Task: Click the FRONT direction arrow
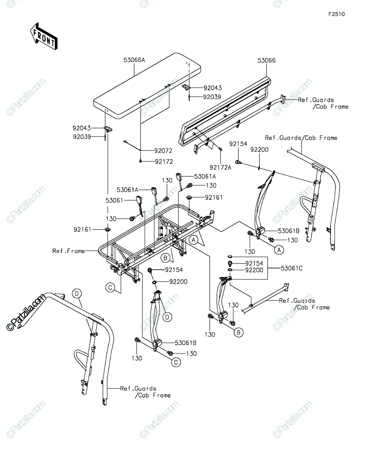pyautogui.click(x=44, y=36)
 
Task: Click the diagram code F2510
pyautogui.click(x=337, y=14)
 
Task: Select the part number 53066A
pyautogui.click(x=134, y=60)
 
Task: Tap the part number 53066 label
pyautogui.click(x=266, y=61)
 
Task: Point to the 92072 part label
pyautogui.click(x=163, y=151)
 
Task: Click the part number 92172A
pyautogui.click(x=220, y=167)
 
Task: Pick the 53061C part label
pyautogui.click(x=292, y=268)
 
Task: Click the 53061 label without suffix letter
pyautogui.click(x=114, y=200)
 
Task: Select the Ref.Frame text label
pyautogui.click(x=69, y=251)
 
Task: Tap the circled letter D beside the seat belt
pyautogui.click(x=167, y=317)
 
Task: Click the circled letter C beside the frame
pyautogui.click(x=110, y=288)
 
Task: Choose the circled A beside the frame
pyautogui.click(x=193, y=240)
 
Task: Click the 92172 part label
pyautogui.click(x=164, y=162)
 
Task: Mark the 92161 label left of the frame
pyautogui.click(x=83, y=230)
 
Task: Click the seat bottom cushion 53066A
pyautogui.click(x=147, y=86)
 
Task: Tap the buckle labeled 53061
pyautogui.click(x=139, y=205)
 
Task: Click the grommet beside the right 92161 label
pyautogui.click(x=190, y=197)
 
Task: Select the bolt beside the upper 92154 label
pyautogui.click(x=238, y=162)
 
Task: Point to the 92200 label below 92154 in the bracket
pyautogui.click(x=254, y=270)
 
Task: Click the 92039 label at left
pyautogui.click(x=82, y=137)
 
